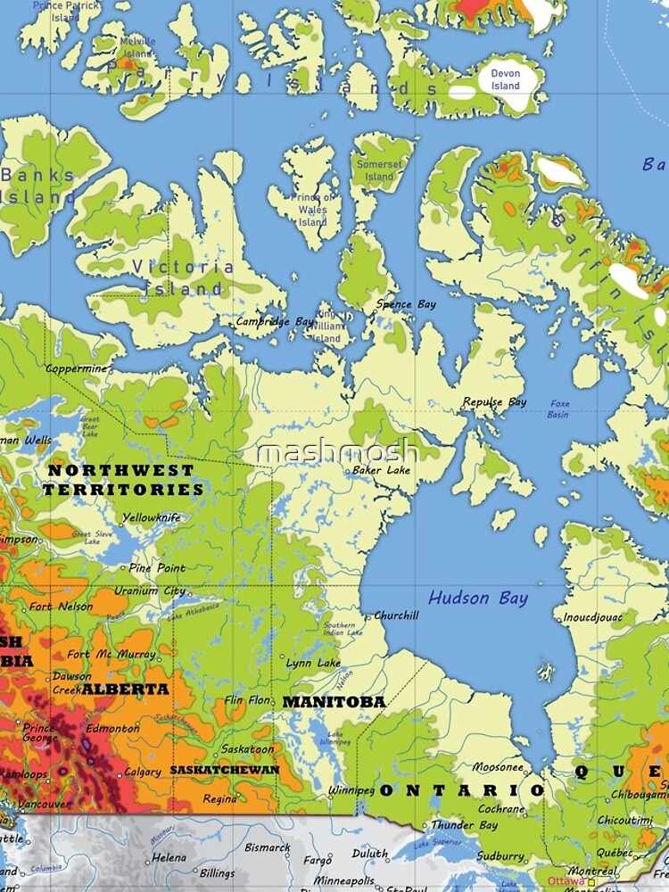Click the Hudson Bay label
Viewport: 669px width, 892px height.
478,599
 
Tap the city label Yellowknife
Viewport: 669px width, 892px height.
151,517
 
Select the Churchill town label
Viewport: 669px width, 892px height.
395,615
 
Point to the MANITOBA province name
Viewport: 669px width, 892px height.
334,702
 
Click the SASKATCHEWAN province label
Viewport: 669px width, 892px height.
225,770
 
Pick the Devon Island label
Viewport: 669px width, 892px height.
505,79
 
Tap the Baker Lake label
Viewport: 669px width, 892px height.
381,470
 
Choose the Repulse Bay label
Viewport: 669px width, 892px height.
494,402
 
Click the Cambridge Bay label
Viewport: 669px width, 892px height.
275,321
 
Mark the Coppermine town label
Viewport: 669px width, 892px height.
77,368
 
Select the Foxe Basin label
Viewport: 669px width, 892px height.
559,409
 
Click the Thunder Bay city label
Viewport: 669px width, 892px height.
464,826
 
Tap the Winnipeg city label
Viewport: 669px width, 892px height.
351,790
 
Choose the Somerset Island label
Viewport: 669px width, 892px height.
379,170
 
